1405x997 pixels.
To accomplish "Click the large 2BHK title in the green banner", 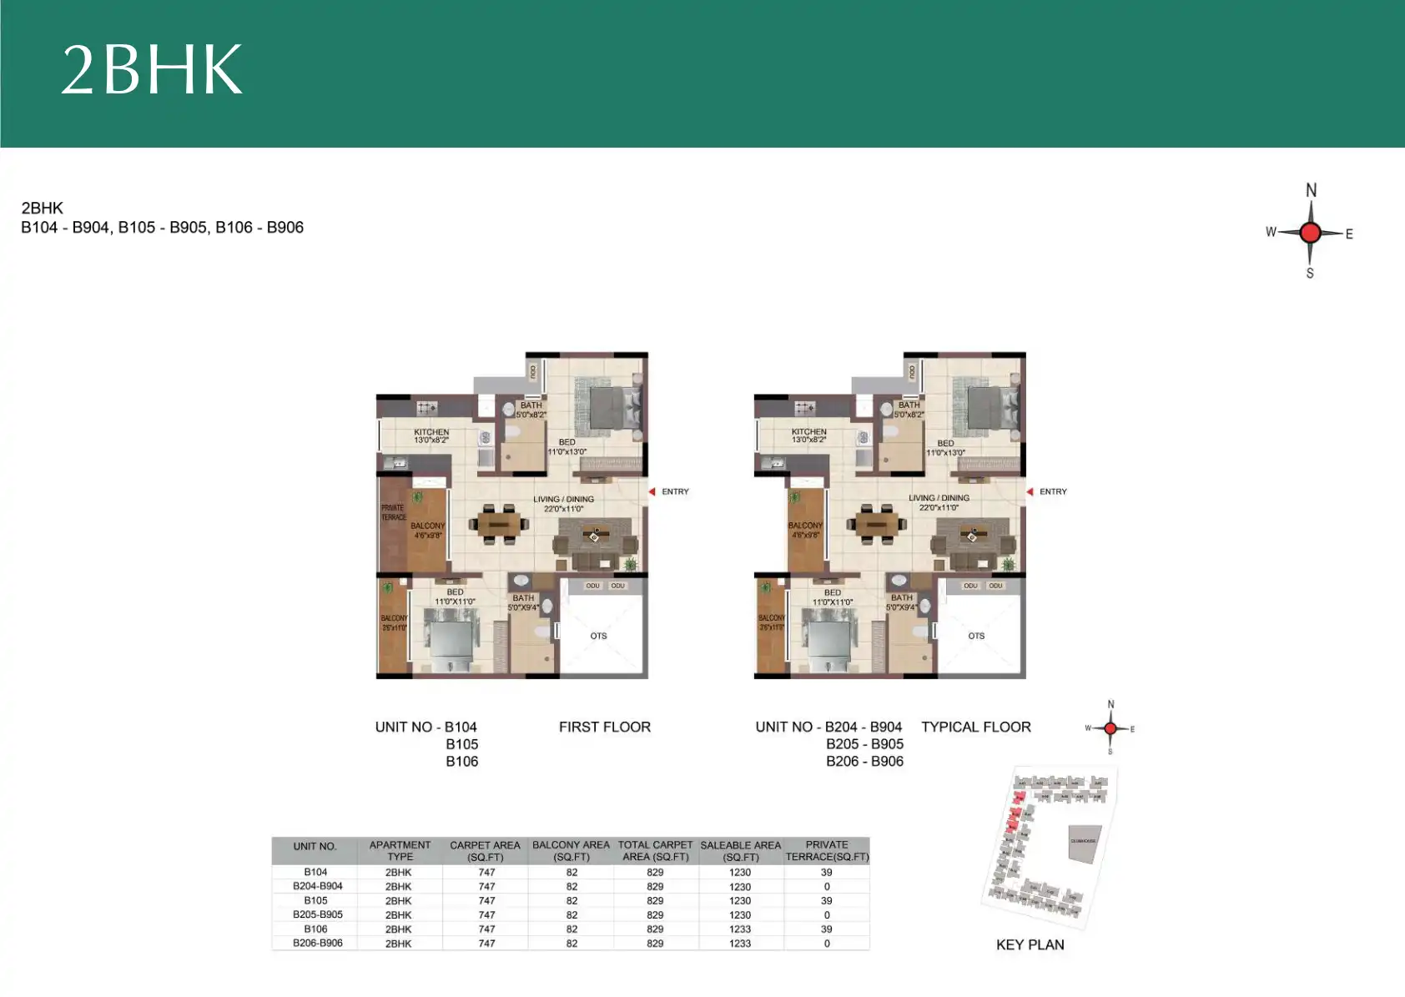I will tap(152, 69).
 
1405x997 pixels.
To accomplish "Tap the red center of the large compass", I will tap(1310, 233).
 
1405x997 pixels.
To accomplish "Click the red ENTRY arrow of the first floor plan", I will tap(652, 491).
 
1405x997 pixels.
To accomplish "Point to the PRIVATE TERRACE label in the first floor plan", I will tap(393, 512).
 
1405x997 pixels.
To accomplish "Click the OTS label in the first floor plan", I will tap(598, 636).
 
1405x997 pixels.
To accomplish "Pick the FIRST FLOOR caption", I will tap(604, 727).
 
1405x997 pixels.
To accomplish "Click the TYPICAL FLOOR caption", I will tap(975, 727).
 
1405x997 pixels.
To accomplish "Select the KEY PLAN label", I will tap(1030, 944).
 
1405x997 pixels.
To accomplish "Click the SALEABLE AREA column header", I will tap(740, 850).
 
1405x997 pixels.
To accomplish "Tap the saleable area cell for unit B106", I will tap(740, 929).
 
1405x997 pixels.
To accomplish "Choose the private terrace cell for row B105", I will tap(826, 900).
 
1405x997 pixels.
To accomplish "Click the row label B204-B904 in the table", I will tap(317, 886).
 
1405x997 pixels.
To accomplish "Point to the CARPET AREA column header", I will tap(485, 850).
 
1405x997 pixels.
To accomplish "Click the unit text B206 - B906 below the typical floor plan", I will tap(864, 761).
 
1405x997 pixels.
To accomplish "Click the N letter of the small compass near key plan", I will tap(1110, 705).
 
